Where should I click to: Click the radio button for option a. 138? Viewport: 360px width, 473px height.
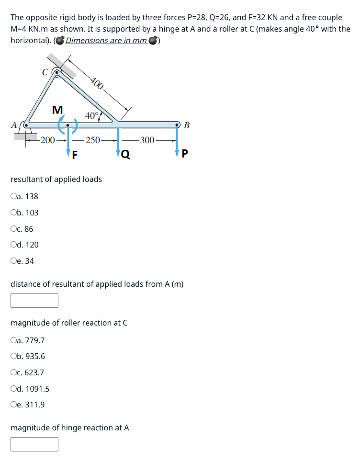click(13, 196)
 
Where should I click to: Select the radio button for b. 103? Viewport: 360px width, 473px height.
click(13, 213)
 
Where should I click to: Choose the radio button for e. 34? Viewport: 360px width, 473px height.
click(13, 261)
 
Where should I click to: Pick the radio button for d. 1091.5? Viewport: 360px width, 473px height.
click(13, 389)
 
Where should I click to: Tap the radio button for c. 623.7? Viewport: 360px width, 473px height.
click(13, 372)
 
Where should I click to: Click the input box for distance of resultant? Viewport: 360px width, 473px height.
click(34, 301)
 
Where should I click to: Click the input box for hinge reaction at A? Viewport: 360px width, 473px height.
click(34, 444)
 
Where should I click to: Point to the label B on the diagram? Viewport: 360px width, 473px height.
click(187, 126)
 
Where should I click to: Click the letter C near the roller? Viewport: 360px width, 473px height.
click(45, 73)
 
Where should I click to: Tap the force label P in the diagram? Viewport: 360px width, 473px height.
click(185, 154)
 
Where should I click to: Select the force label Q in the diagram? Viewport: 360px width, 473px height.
click(125, 154)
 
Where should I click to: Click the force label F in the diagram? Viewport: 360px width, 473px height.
click(75, 155)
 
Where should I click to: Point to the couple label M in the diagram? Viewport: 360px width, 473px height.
click(57, 110)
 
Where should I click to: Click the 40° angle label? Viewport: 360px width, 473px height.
click(92, 115)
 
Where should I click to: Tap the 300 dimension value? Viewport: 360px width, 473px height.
click(147, 140)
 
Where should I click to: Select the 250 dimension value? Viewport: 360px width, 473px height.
click(93, 140)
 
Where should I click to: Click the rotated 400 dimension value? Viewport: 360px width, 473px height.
click(97, 83)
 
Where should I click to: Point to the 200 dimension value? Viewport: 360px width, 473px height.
click(47, 140)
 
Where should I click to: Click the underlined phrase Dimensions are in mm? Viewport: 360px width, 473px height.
click(106, 40)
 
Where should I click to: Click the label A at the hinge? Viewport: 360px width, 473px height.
click(14, 125)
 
